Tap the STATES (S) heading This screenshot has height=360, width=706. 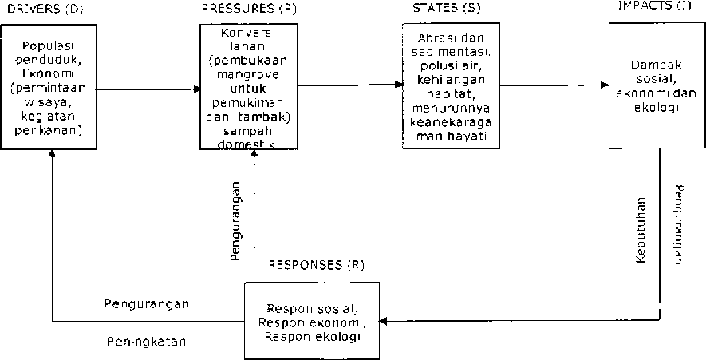[435, 10]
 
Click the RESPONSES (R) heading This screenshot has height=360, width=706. [316, 265]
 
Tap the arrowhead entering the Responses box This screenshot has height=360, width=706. [381, 322]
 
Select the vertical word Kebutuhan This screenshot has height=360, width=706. [642, 231]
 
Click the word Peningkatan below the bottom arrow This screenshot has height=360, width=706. [147, 342]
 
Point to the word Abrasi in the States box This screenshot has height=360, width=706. [436, 38]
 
